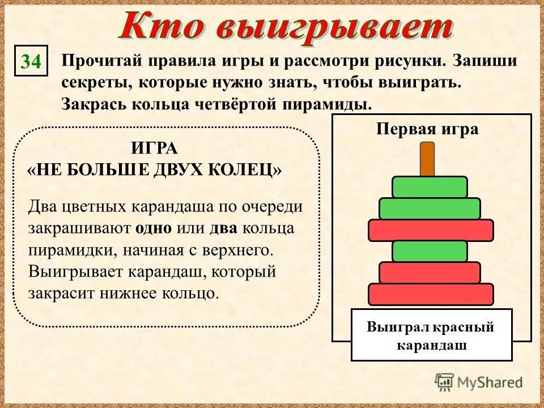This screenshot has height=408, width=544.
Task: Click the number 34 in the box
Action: tap(32, 61)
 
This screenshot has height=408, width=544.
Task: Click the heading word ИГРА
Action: tap(154, 148)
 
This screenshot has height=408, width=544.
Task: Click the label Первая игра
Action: tap(427, 129)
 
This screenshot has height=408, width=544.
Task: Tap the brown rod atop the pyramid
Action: tap(427, 159)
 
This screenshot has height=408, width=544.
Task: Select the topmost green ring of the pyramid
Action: tap(430, 187)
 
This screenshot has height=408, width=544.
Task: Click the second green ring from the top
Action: tap(430, 209)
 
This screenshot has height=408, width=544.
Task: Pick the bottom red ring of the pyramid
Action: tap(431, 295)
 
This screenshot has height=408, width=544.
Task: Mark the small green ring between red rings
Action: tap(430, 251)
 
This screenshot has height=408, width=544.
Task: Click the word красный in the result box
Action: tap(466, 328)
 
